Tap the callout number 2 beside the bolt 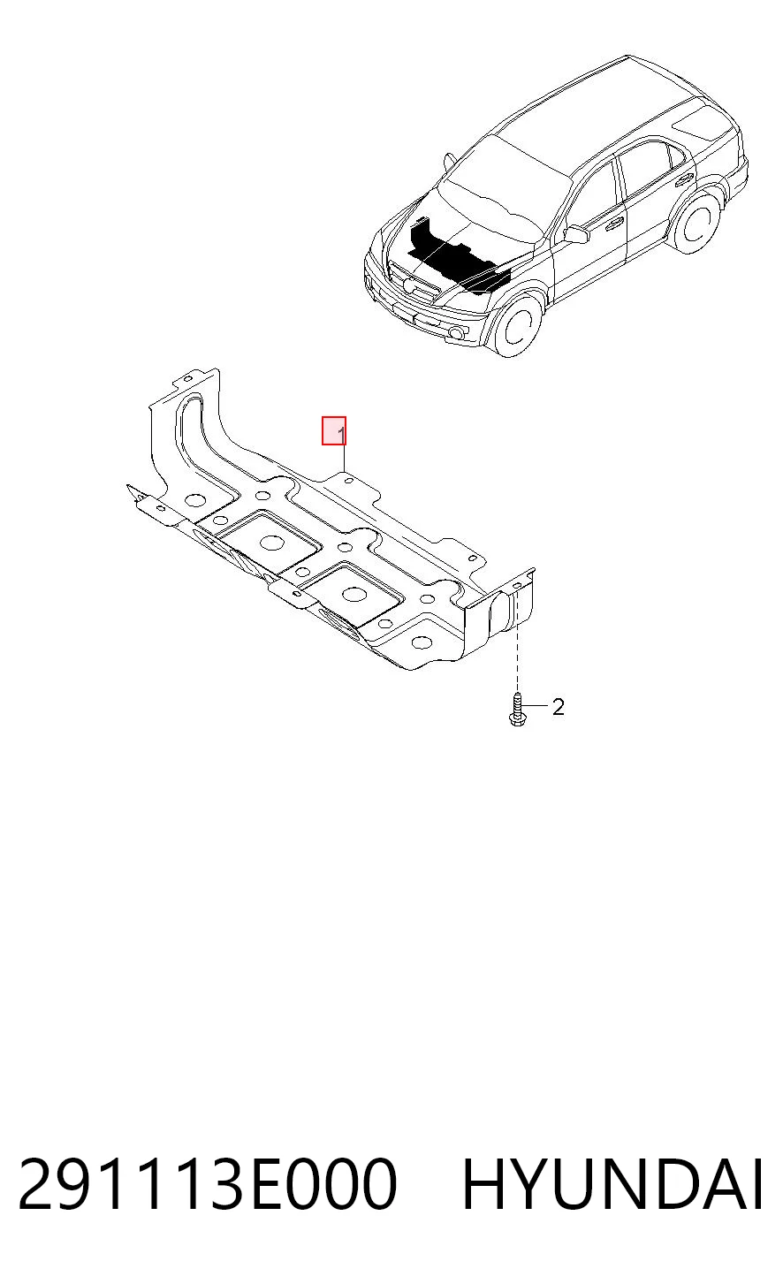559,707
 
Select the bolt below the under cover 516,710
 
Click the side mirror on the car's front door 577,234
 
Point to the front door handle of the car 616,221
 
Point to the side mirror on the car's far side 450,162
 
